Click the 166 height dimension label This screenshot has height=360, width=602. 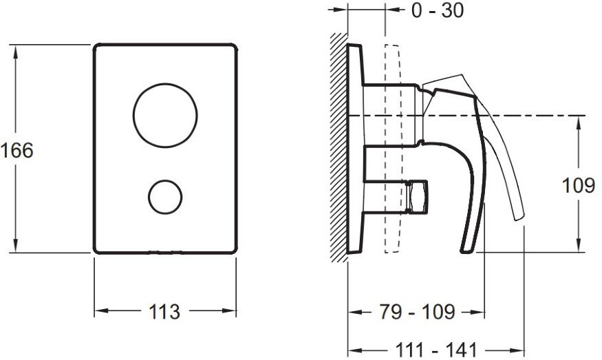[17, 150]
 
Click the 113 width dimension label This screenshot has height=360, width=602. [164, 312]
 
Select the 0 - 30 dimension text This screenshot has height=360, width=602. [438, 10]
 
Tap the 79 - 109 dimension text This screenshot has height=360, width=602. [418, 312]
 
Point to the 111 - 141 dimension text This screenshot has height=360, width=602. [436, 350]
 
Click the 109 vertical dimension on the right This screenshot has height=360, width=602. [578, 186]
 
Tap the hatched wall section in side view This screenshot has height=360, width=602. [339, 147]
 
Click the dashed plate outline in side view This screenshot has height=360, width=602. [391, 149]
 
